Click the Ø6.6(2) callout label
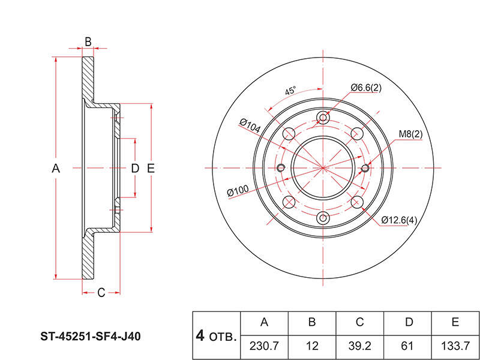(x=366, y=88)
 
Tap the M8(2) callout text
(x=410, y=134)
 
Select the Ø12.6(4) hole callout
(x=399, y=220)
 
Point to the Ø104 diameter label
(x=250, y=126)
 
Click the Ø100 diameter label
(x=238, y=191)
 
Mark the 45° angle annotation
(x=290, y=91)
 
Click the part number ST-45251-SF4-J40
(x=91, y=337)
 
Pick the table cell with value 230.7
(x=264, y=347)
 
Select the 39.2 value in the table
(x=359, y=347)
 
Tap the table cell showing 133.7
(x=455, y=347)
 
